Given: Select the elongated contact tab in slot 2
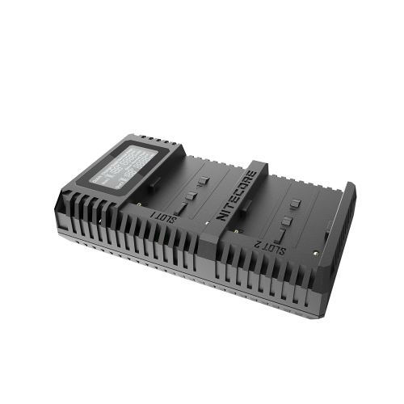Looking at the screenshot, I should [x=280, y=235].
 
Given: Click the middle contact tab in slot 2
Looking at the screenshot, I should [x=288, y=221].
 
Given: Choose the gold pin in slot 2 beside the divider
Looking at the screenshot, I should [x=236, y=231].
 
